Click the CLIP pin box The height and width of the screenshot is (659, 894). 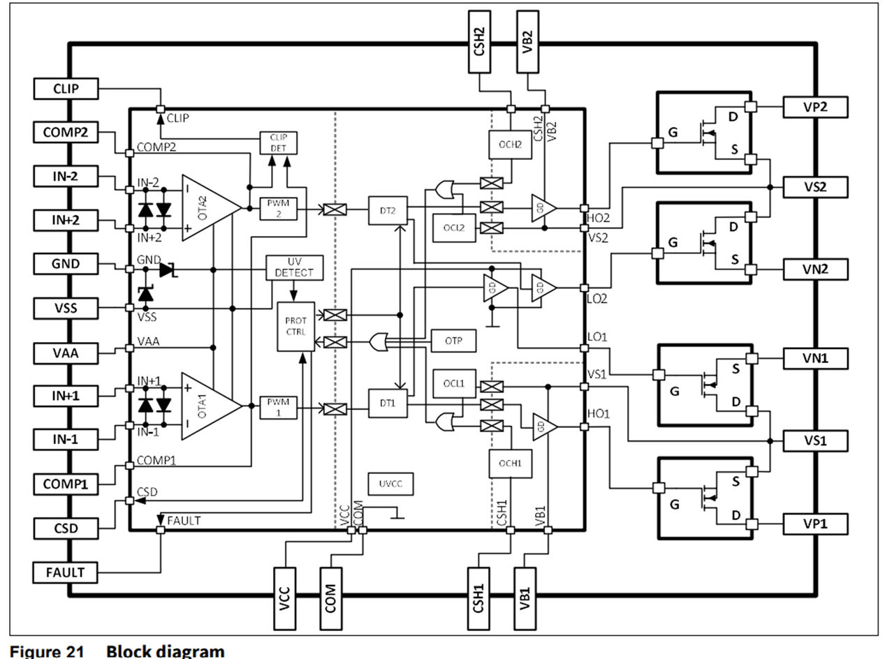(x=66, y=89)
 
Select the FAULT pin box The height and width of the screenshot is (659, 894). (x=66, y=572)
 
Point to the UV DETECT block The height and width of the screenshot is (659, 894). (x=294, y=267)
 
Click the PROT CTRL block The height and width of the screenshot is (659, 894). (x=296, y=326)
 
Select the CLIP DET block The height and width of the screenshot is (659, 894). (x=279, y=142)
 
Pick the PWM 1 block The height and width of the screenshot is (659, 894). (x=279, y=407)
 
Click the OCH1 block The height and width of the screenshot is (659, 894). (x=506, y=463)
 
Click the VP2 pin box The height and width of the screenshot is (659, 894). (x=815, y=106)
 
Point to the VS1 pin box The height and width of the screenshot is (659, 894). (x=815, y=441)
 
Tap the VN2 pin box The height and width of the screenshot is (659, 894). (x=815, y=269)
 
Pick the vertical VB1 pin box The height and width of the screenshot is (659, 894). (x=527, y=590)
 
